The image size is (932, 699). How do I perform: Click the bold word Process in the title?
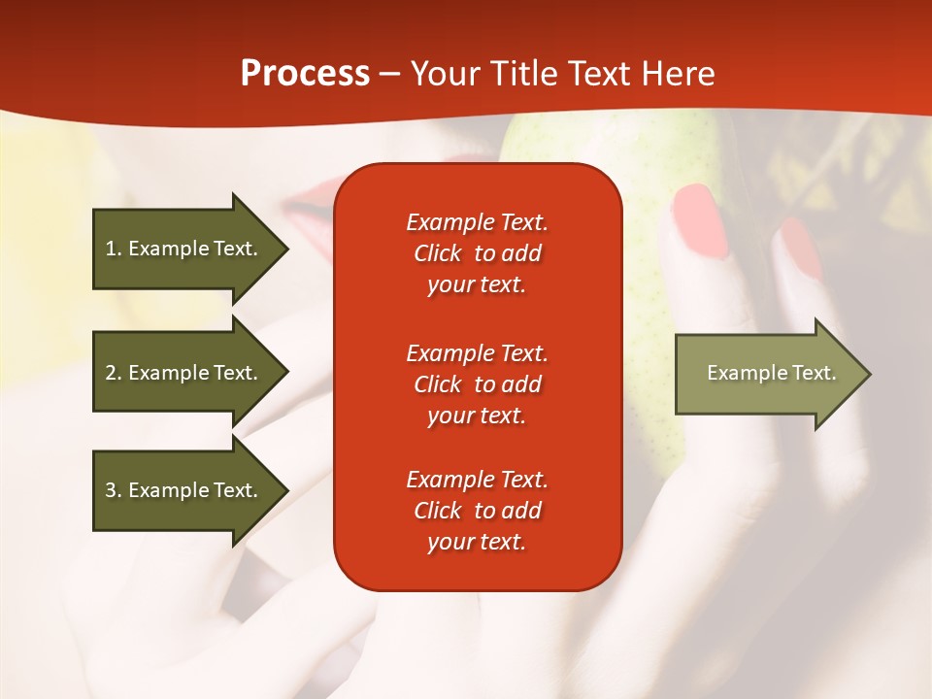click(305, 74)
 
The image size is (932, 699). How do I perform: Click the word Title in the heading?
click(524, 74)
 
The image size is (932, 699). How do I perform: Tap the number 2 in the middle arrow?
click(112, 373)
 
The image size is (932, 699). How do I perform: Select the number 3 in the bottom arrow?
click(112, 490)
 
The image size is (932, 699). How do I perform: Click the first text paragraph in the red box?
click(477, 253)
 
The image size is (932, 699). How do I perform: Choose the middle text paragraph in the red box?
click(477, 383)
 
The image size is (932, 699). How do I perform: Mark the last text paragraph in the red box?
click(477, 511)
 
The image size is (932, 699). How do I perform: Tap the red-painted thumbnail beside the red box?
click(700, 219)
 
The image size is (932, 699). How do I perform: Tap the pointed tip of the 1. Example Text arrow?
click(287, 249)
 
